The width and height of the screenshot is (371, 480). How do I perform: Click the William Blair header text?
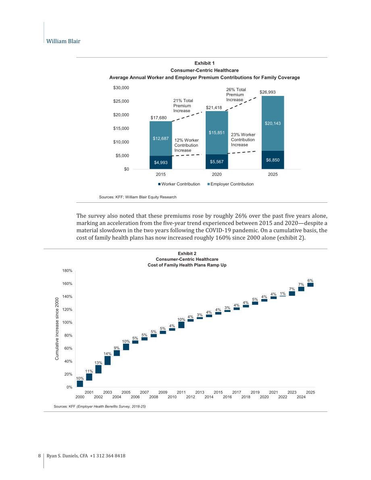click(63, 42)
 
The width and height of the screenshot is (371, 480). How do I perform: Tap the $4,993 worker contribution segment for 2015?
click(161, 162)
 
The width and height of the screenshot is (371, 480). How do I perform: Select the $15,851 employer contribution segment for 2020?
click(217, 133)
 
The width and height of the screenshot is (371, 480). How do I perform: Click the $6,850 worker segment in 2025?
click(273, 160)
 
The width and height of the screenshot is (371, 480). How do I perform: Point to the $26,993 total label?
click(267, 92)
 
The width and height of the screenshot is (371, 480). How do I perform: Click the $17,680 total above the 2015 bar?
click(159, 118)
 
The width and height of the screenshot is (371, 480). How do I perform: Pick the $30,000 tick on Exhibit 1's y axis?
click(121, 88)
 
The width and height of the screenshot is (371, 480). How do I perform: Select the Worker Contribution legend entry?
click(179, 184)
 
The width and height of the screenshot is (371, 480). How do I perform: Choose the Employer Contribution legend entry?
click(231, 184)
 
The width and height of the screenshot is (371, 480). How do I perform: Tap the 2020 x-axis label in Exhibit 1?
click(217, 175)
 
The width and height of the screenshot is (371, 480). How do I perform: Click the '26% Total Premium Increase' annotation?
click(236, 95)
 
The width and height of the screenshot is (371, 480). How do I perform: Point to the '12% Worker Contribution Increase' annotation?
click(187, 145)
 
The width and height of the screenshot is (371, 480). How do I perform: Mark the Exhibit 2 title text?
click(187, 254)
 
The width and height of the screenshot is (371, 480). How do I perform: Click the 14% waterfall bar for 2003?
click(108, 360)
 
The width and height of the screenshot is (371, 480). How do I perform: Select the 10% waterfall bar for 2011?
click(181, 325)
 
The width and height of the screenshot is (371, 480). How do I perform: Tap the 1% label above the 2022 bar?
click(283, 293)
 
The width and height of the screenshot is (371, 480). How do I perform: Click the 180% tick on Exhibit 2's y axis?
click(67, 271)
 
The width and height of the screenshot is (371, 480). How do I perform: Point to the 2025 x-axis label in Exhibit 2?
click(311, 393)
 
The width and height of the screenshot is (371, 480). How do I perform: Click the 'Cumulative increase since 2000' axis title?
click(57, 328)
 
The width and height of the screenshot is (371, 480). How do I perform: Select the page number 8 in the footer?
click(39, 456)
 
